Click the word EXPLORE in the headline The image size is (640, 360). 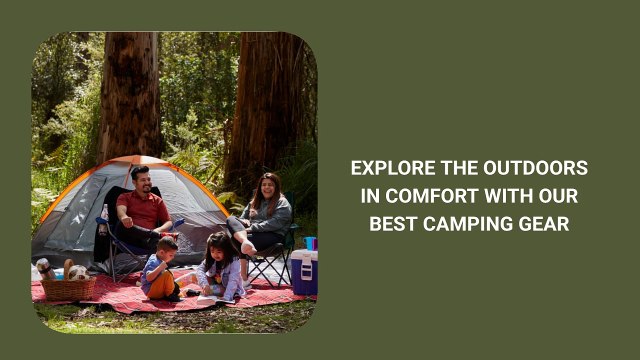pyautogui.click(x=388, y=168)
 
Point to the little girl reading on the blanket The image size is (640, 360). pyautogui.click(x=221, y=268)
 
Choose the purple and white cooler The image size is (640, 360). pyautogui.click(x=303, y=271)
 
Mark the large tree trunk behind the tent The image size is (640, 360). pyautogui.click(x=131, y=95)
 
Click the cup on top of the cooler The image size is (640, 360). pyautogui.click(x=309, y=243)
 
